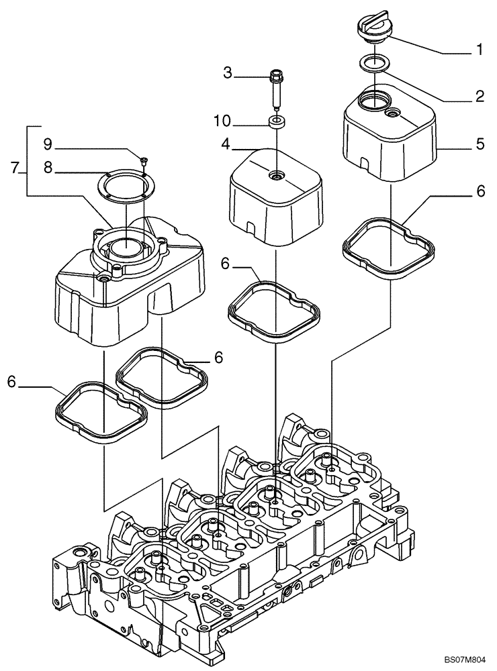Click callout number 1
(480, 49)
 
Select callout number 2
(480, 97)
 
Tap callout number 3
(228, 73)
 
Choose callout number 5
(480, 144)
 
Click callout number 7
(15, 168)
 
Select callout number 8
(48, 169)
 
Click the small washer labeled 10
(276, 122)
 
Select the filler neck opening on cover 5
(371, 102)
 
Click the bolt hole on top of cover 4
(276, 176)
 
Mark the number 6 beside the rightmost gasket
(480, 191)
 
